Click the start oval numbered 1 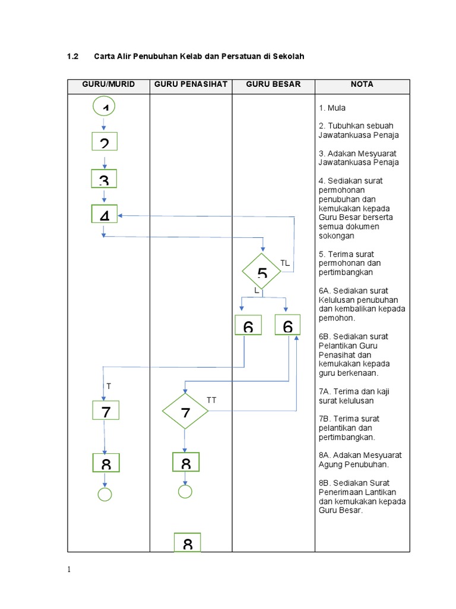[x=104, y=106]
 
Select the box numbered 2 [x=104, y=142]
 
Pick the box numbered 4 [x=104, y=214]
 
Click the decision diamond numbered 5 [x=262, y=272]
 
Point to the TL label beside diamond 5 [x=285, y=262]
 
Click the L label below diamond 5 [x=256, y=290]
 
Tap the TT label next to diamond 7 [x=211, y=400]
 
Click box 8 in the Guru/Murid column [x=106, y=462]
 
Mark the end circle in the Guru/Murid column [x=105, y=494]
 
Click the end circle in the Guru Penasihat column [x=185, y=492]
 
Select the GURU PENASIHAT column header [x=191, y=84]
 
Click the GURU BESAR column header [x=273, y=84]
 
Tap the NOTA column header [x=362, y=84]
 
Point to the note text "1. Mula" [x=332, y=108]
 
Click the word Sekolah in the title [x=288, y=56]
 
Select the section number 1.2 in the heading [x=73, y=56]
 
